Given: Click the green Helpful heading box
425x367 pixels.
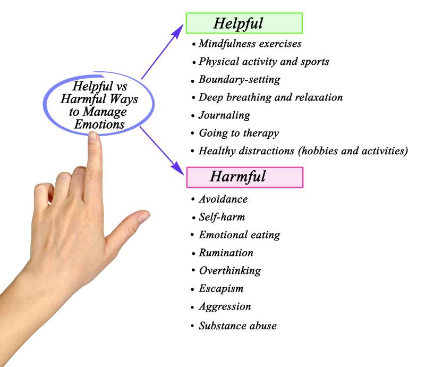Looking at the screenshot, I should (244, 23).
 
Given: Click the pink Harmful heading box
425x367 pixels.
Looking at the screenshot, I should (244, 177).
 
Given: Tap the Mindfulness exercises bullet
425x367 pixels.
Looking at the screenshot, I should (250, 43).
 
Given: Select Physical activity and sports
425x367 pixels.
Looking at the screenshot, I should (263, 62).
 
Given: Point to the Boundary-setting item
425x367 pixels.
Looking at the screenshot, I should (239, 80).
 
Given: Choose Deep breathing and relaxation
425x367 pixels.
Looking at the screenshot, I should (270, 97).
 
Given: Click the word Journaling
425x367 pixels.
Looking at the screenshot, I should (224, 115).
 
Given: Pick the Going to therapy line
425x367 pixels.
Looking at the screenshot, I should (239, 133).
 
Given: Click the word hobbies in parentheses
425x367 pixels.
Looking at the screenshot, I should (321, 151).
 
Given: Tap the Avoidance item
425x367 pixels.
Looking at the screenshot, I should (223, 199).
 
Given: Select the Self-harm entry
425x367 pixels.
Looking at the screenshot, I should (222, 217).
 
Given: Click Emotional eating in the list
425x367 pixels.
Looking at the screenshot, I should (239, 235).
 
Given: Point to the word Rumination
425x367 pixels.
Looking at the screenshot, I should (226, 253).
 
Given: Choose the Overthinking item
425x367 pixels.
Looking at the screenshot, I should (229, 271).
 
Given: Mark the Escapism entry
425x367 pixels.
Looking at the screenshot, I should (221, 289).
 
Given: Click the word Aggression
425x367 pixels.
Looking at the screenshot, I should (225, 307).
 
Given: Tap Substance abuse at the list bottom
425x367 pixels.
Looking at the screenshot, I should (237, 326).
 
